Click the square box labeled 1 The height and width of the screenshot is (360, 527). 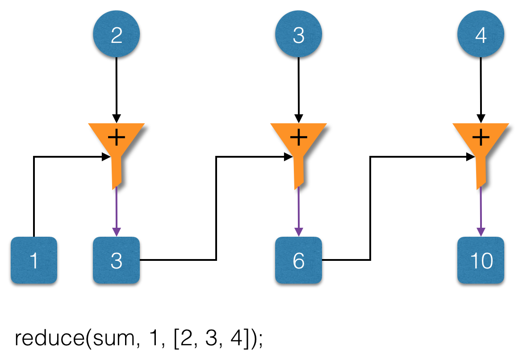pyautogui.click(x=34, y=260)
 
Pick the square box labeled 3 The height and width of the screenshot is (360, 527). pyautogui.click(x=116, y=260)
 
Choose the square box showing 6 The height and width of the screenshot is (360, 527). pyautogui.click(x=298, y=260)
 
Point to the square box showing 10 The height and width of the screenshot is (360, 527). pyautogui.click(x=481, y=260)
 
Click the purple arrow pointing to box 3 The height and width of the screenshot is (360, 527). pyautogui.click(x=116, y=210)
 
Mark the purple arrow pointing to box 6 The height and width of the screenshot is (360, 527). pyautogui.click(x=298, y=210)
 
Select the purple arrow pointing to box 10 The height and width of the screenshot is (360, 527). pyautogui.click(x=481, y=210)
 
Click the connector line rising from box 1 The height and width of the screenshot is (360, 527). pyautogui.click(x=34, y=197)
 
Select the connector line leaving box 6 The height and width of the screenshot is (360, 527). pyautogui.click(x=370, y=208)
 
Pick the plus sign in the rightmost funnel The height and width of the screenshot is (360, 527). pyautogui.click(x=481, y=137)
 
